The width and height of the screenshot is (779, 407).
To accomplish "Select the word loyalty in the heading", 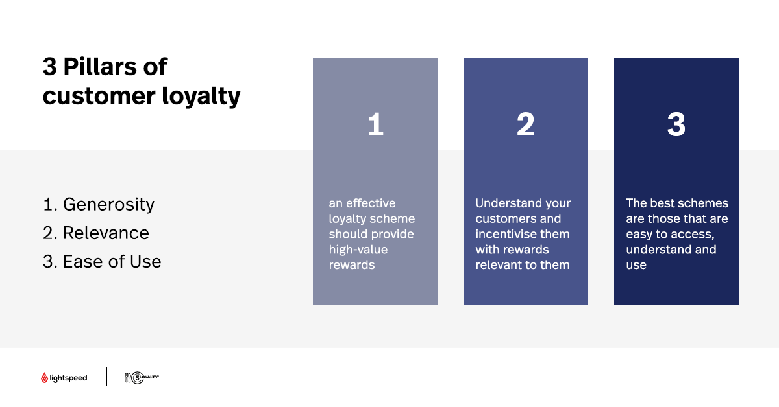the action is click(x=201, y=97).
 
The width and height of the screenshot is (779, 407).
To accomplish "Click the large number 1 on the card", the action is click(x=375, y=124).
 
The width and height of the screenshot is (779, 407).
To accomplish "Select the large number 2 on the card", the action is click(x=525, y=124).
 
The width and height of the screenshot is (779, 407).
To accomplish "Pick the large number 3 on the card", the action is click(x=676, y=124).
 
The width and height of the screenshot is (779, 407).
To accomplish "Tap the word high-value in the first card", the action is click(x=358, y=250).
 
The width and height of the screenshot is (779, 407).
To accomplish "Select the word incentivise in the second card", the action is click(x=504, y=234).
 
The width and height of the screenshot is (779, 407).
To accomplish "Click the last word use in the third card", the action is click(x=636, y=266).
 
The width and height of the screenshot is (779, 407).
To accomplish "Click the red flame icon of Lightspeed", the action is click(x=44, y=378).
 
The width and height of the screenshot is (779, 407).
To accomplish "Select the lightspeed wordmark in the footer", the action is click(x=69, y=378).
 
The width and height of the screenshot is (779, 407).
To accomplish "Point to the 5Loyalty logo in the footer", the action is click(x=142, y=377).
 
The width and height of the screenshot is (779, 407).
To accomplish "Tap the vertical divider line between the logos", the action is click(x=106, y=377).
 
